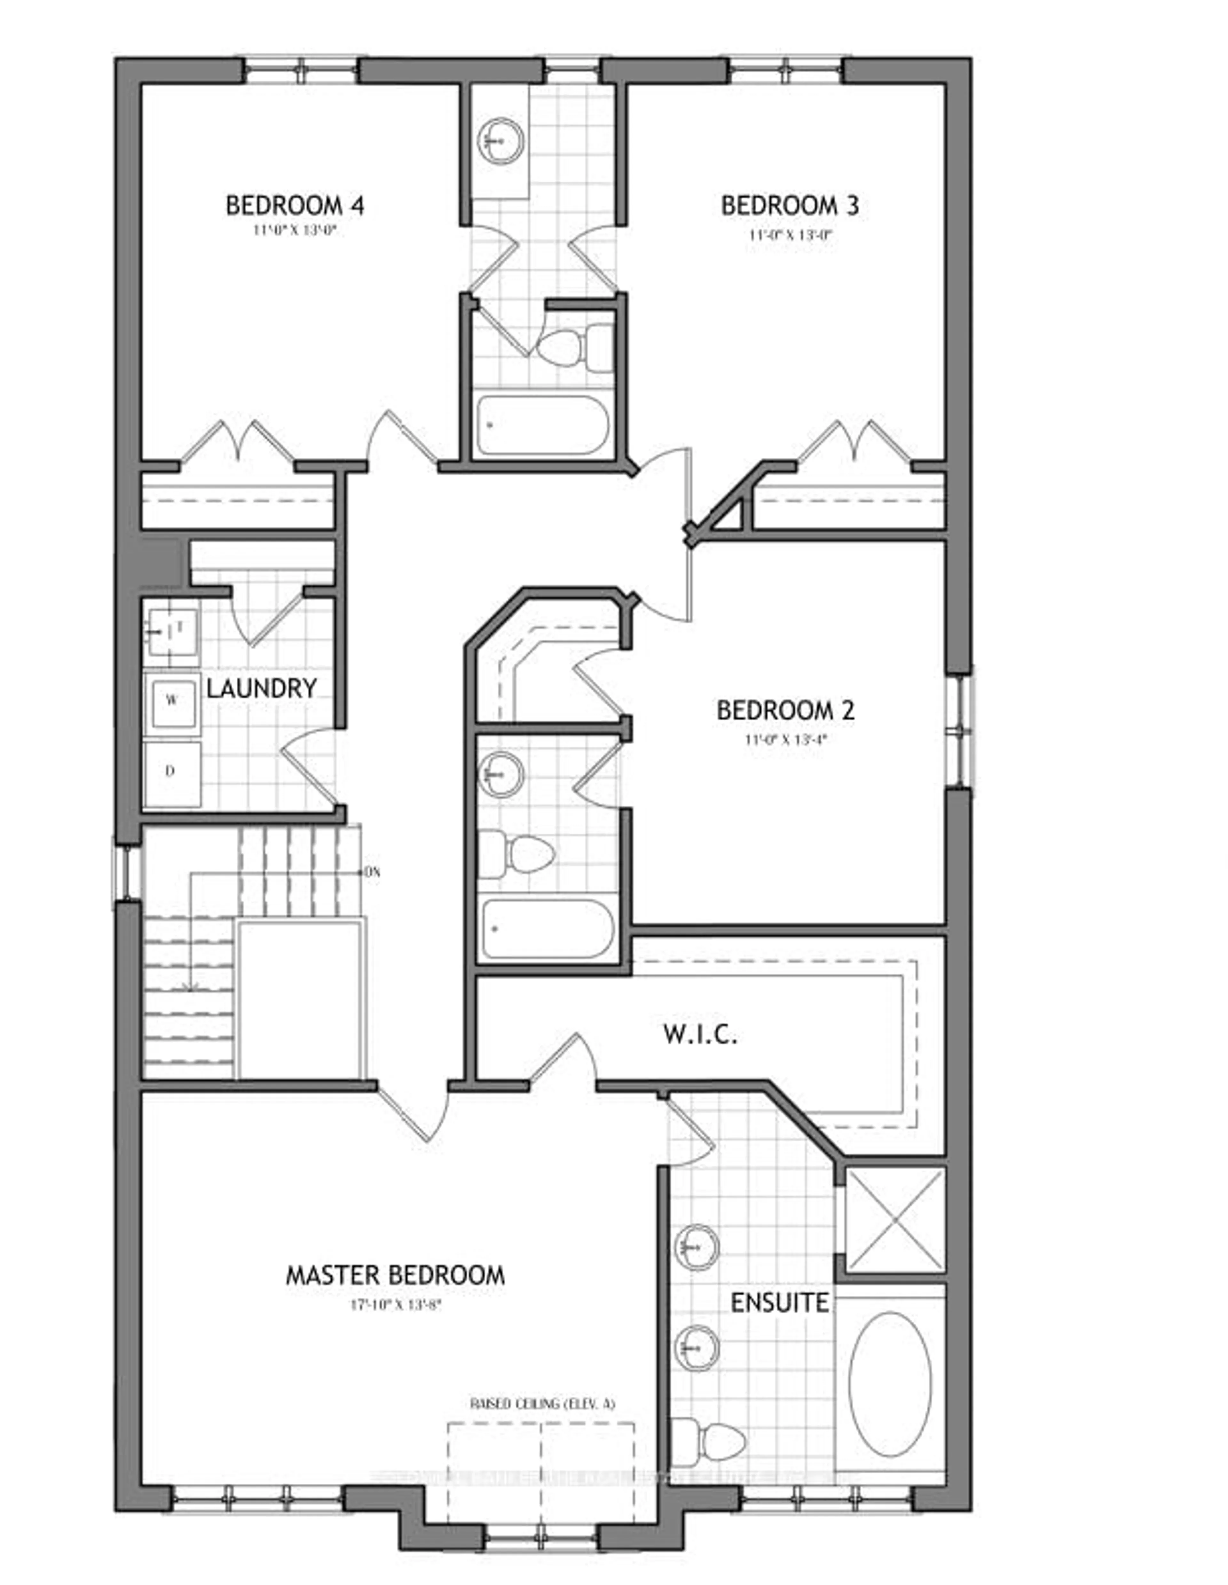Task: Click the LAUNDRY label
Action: [262, 688]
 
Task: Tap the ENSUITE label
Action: [779, 1303]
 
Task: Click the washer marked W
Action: [172, 700]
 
